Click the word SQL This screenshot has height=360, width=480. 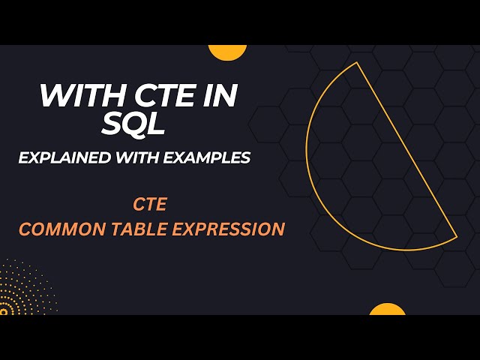[133, 124]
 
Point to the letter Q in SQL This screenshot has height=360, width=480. [133, 124]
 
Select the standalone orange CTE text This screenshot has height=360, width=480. [151, 204]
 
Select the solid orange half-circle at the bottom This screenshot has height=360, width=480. [387, 309]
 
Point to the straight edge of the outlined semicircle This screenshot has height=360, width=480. [405, 150]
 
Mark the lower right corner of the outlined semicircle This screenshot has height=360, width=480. [457, 237]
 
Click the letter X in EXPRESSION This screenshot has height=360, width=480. [190, 229]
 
